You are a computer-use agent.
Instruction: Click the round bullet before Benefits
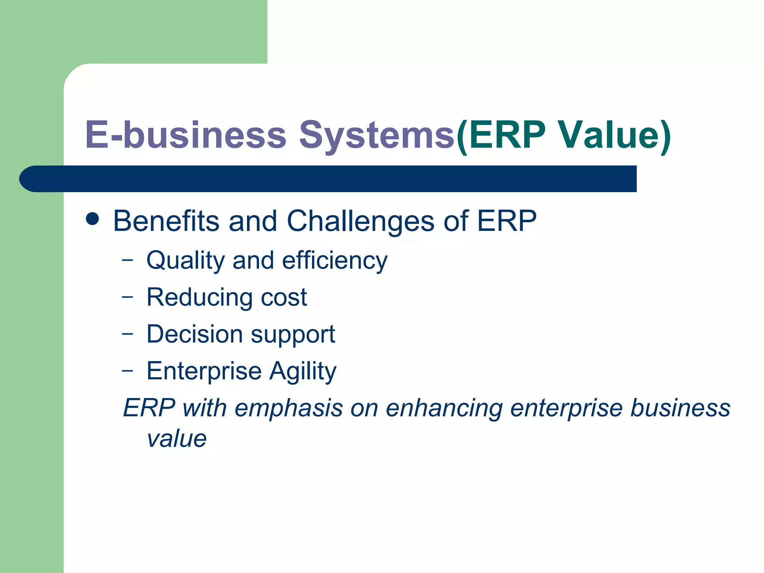(93, 219)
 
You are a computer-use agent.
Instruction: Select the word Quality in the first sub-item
(185, 260)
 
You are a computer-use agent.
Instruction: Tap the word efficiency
(335, 260)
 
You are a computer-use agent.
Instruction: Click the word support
(293, 335)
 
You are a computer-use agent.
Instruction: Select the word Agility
(303, 372)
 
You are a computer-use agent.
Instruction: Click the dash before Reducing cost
(127, 297)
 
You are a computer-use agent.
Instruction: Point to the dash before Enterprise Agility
(127, 370)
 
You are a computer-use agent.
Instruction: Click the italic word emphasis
(288, 408)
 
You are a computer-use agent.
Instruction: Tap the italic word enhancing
(444, 408)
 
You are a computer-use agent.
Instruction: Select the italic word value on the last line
(176, 439)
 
